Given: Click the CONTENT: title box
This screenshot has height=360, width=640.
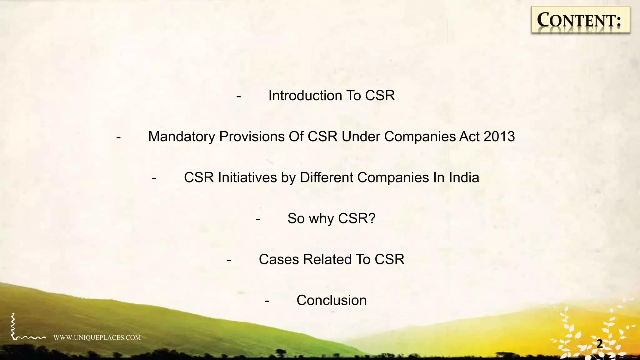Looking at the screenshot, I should [580, 20].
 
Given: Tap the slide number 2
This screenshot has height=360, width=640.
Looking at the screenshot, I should [600, 344].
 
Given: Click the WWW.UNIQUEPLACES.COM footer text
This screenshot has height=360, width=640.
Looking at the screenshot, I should [97, 337].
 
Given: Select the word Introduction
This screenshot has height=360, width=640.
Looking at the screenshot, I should [303, 96].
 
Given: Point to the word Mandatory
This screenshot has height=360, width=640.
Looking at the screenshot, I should [182, 137].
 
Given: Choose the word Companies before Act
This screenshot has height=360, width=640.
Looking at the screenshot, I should [420, 137].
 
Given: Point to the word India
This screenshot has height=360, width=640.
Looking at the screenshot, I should [464, 177].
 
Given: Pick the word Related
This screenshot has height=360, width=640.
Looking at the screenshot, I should [327, 259].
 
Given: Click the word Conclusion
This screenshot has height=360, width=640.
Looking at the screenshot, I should [331, 300].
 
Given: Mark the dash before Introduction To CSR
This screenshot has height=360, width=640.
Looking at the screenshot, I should [239, 96].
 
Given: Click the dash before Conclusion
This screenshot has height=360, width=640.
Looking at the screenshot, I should [267, 301].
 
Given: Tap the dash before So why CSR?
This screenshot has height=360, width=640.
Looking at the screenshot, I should [258, 219].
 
